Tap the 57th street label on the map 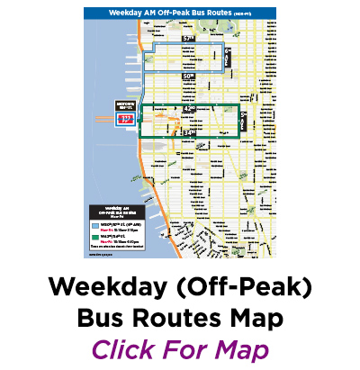tap(188, 41)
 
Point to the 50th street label tap(188, 77)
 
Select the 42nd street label tap(189, 109)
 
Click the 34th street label tap(189, 132)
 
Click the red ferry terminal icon tap(126, 118)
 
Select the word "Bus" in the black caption tap(109, 319)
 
